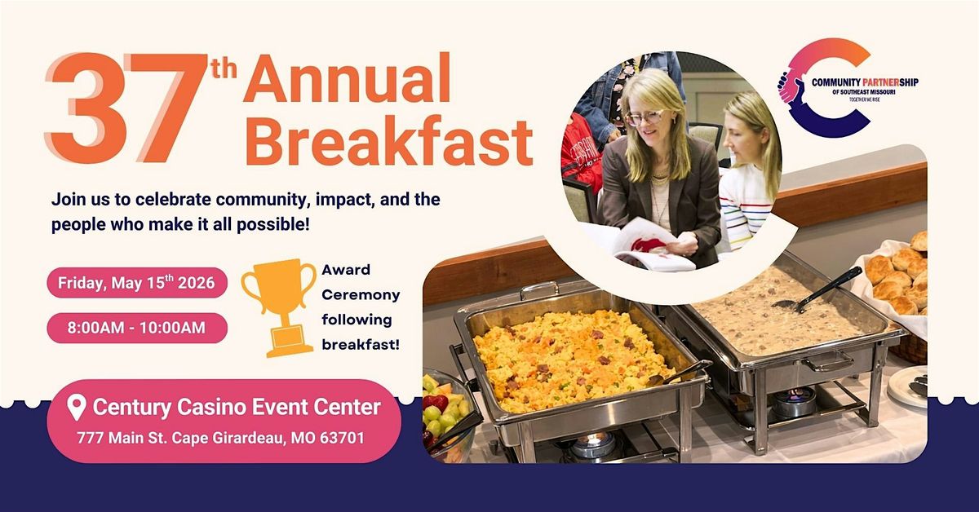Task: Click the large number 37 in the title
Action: (x=126, y=108)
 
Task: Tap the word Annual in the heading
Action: (x=347, y=78)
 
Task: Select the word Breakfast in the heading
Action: (x=389, y=141)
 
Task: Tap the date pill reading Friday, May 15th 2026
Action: (x=137, y=283)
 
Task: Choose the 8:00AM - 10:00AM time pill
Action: (x=137, y=328)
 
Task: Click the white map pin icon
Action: (x=77, y=408)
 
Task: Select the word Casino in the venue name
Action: (x=211, y=407)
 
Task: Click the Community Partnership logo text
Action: (x=865, y=86)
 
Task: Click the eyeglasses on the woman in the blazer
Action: (x=645, y=117)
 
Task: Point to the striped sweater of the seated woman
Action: (x=746, y=205)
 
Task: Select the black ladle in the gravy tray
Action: (x=818, y=289)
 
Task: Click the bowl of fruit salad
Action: (x=445, y=415)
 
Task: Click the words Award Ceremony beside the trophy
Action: (x=361, y=282)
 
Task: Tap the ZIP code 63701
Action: (x=342, y=437)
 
